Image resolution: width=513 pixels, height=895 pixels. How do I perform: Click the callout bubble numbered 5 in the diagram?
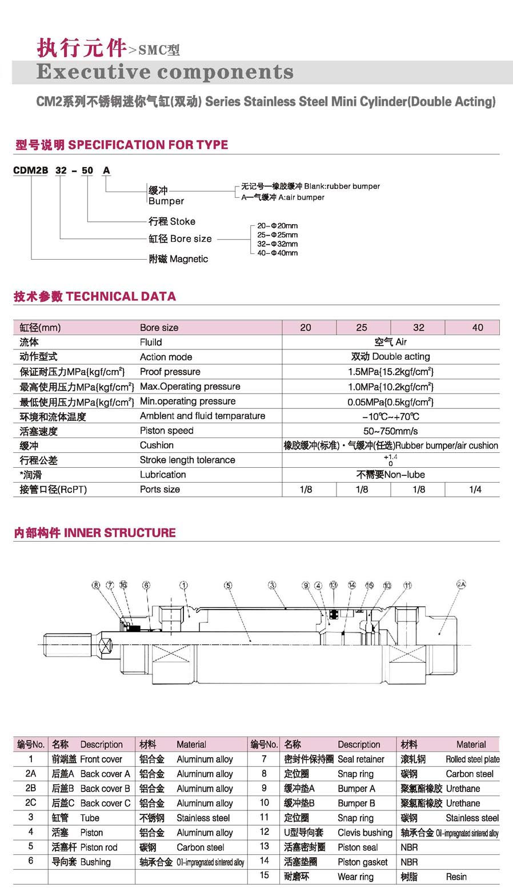[x=228, y=586]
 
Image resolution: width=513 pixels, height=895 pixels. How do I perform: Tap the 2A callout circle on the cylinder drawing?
[x=462, y=584]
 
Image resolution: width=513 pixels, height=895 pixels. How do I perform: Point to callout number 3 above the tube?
[x=272, y=586]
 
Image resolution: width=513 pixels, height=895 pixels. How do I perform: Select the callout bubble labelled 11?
[x=407, y=586]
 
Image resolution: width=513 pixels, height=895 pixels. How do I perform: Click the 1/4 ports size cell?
[x=475, y=490]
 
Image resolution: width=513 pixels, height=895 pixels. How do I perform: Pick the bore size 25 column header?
[x=362, y=328]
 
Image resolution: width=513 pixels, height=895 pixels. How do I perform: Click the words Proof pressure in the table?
[x=170, y=372]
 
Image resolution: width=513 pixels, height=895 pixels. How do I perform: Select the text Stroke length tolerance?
[x=187, y=460]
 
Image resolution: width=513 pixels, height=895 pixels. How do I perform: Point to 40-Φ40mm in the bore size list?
[x=277, y=253]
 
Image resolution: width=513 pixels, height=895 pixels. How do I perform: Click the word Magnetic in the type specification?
[x=189, y=259]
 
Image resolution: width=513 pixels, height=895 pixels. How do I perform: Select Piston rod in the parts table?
[x=99, y=848]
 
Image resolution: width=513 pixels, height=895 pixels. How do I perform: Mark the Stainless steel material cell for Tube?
[x=203, y=818]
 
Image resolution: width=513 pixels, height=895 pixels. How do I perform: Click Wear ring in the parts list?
[x=355, y=877]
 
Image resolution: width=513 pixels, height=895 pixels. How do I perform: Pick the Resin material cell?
[x=456, y=877]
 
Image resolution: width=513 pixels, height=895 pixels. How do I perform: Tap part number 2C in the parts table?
[x=31, y=803]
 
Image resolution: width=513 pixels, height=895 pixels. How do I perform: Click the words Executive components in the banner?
[x=165, y=72]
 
